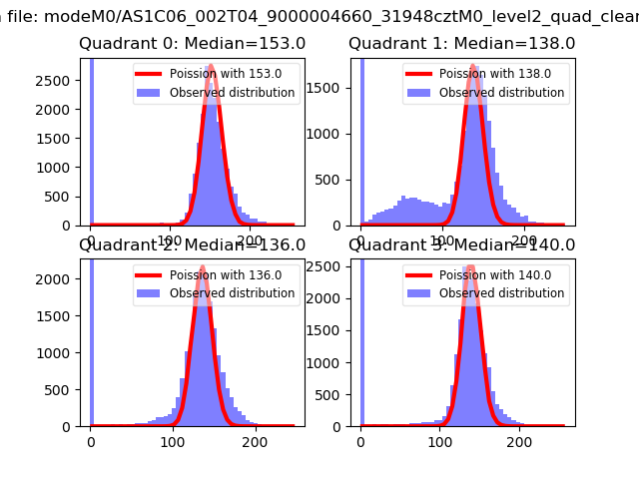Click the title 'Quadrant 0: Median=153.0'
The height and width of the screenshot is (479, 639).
click(192, 44)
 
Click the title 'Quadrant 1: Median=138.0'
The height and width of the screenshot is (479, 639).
click(461, 44)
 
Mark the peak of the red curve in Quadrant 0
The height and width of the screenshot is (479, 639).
click(212, 71)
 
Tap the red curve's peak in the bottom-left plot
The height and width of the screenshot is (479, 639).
click(202, 266)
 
